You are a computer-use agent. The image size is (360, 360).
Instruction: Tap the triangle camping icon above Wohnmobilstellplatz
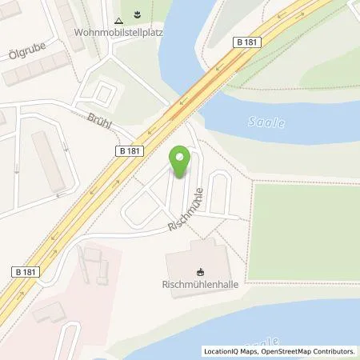tap(118, 19)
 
